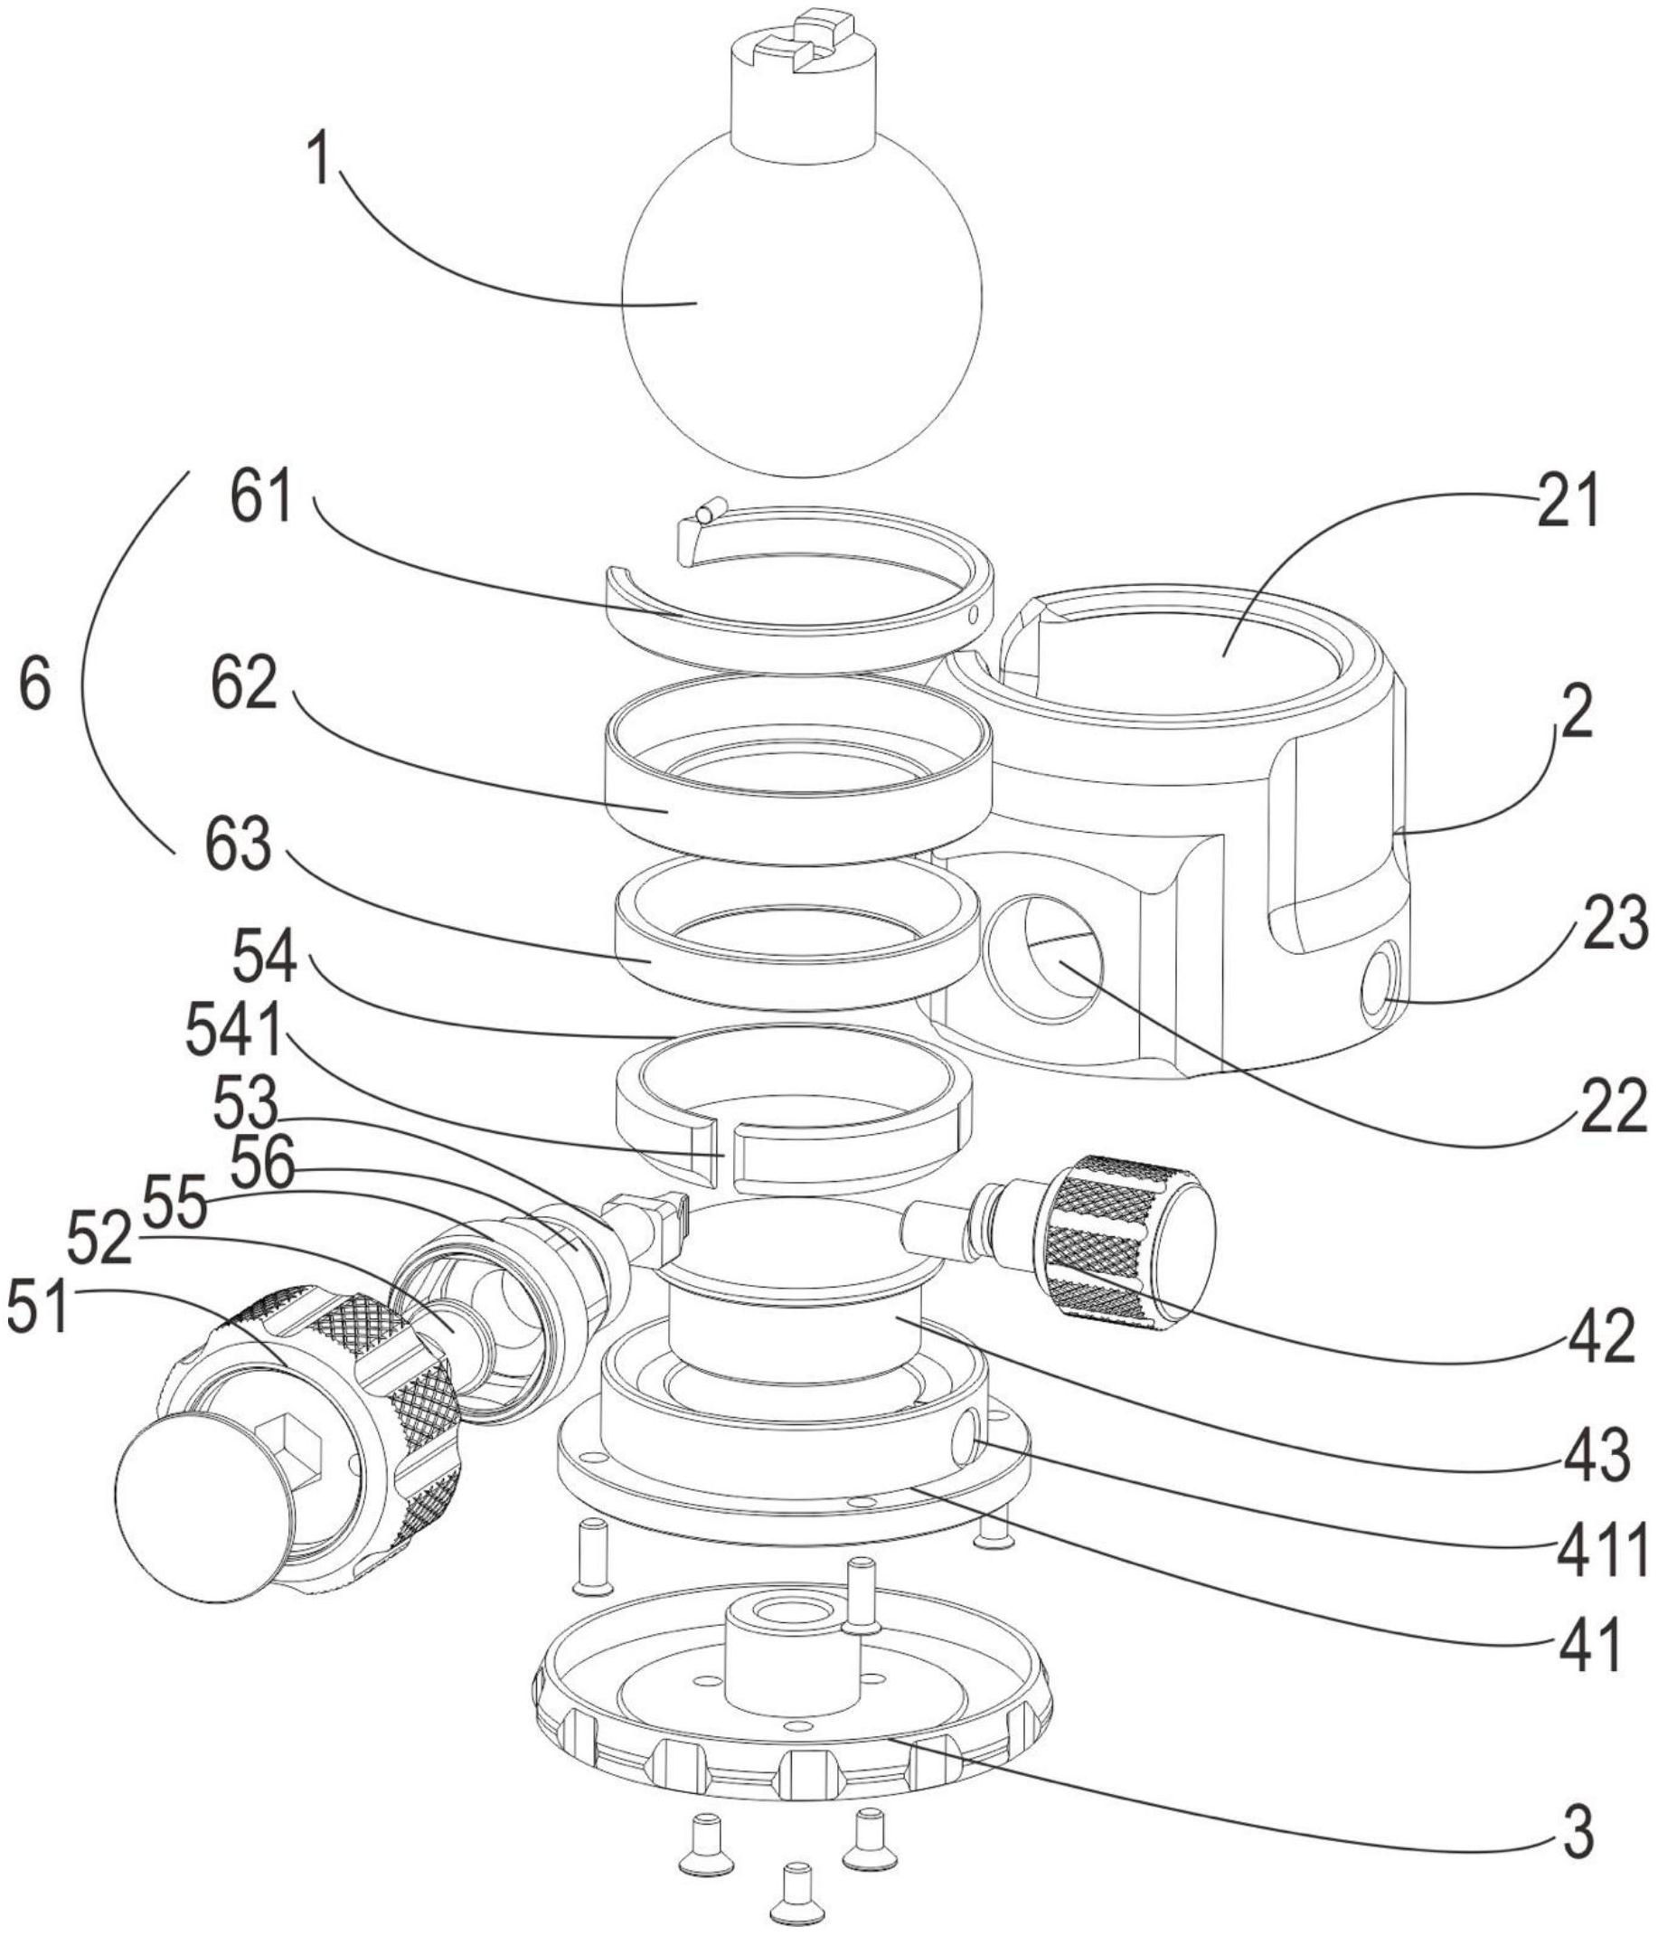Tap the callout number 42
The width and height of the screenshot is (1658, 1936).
tap(1601, 1337)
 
